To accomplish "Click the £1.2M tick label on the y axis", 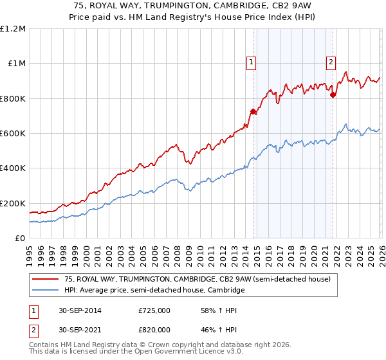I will (13, 28).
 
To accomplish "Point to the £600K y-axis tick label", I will (13, 134).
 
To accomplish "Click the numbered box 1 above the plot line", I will (250, 62).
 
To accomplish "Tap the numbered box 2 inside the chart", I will (331, 62).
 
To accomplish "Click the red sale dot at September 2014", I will (253, 112).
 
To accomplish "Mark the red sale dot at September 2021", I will (333, 95).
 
